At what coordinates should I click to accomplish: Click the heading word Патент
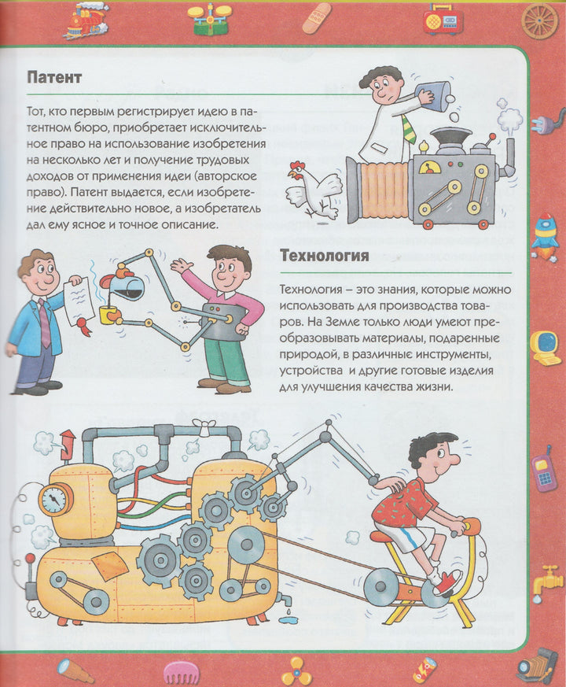(54, 77)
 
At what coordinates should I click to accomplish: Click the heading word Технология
(325, 255)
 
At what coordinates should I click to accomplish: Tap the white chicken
(314, 189)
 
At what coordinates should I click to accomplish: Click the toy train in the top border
(86, 20)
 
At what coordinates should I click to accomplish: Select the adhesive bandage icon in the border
(317, 18)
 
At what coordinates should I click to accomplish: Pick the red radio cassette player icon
(443, 18)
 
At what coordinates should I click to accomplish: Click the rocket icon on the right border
(545, 237)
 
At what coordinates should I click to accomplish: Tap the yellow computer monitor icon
(545, 349)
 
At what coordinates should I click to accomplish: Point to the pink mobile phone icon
(544, 470)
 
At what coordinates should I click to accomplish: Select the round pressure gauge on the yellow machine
(56, 499)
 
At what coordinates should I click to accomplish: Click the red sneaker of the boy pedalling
(447, 582)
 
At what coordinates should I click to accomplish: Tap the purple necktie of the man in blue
(44, 323)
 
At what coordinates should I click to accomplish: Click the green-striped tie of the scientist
(409, 128)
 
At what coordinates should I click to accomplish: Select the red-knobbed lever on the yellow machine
(30, 574)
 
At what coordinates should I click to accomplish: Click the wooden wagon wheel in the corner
(540, 20)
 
